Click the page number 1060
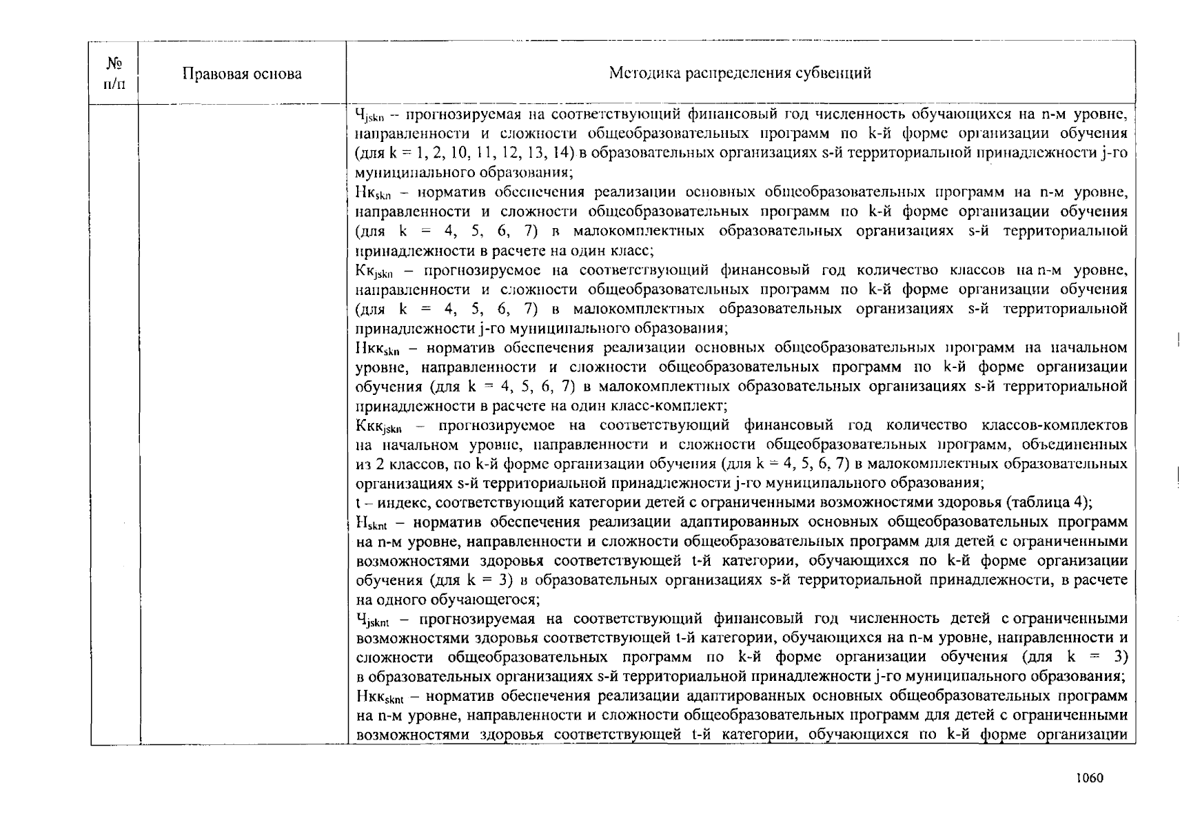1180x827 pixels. coord(1090,778)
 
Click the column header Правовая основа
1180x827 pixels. coord(241,74)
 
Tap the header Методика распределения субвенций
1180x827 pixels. coord(740,73)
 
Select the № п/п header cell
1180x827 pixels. coord(114,74)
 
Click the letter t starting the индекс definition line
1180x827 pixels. coord(358,502)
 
